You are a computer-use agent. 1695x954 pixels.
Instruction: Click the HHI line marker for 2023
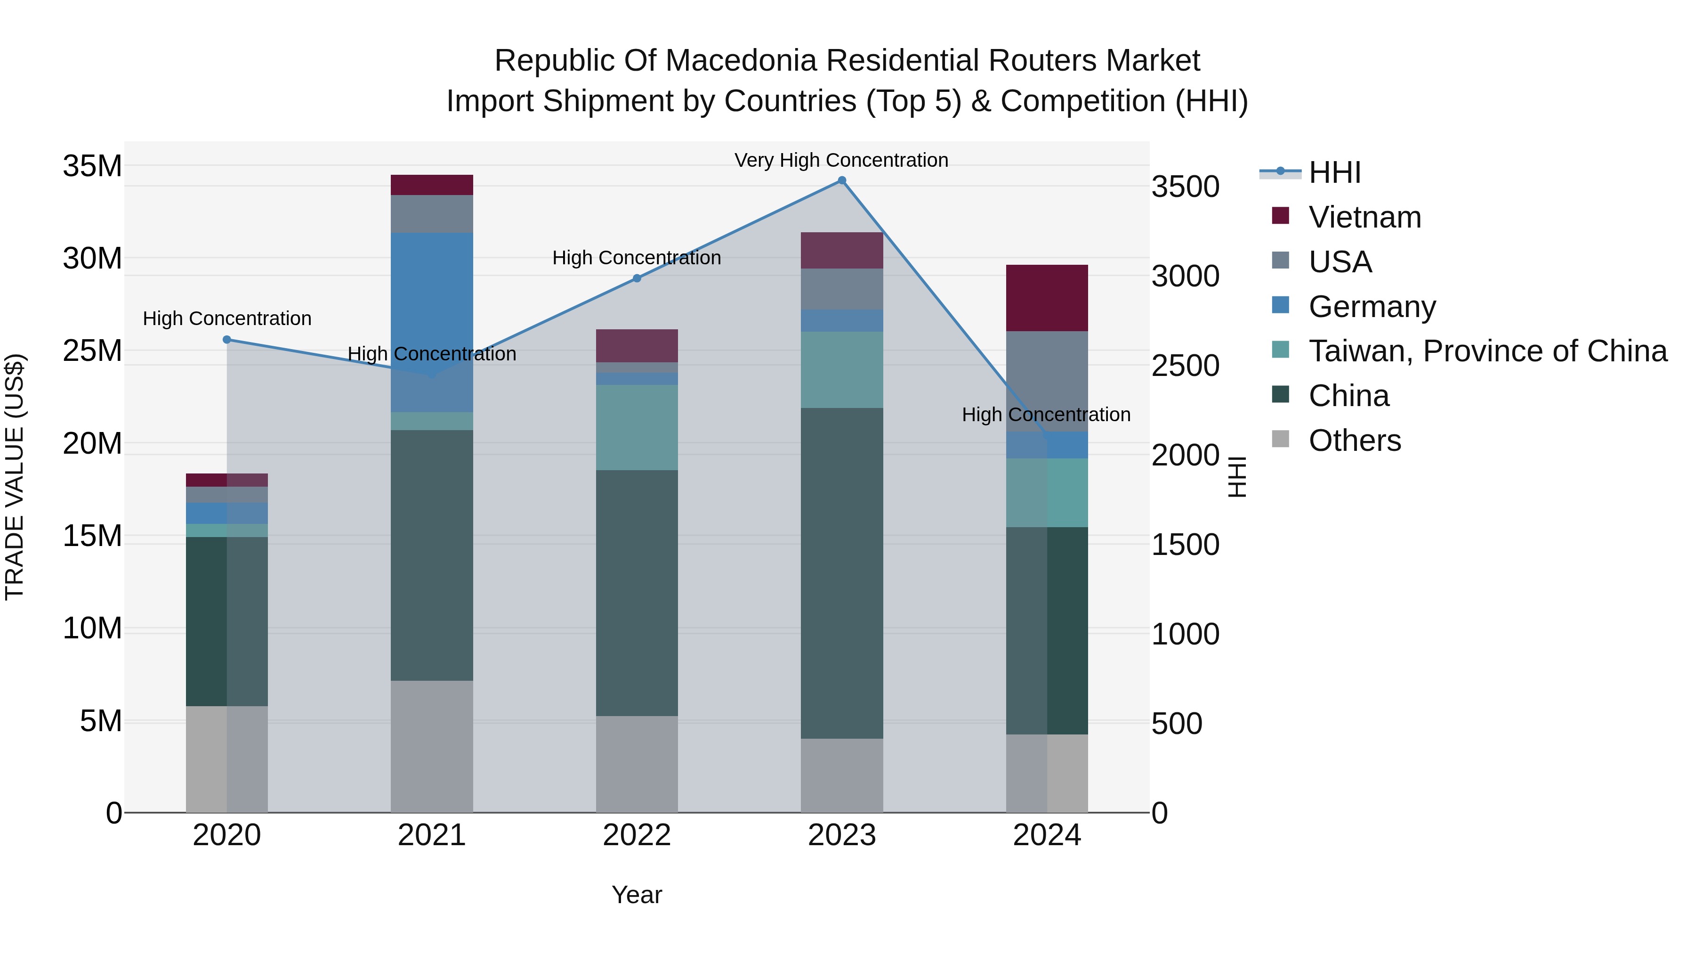[x=841, y=180]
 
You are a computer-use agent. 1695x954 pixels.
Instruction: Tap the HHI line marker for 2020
[x=227, y=340]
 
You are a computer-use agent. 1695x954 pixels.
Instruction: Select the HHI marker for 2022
[x=637, y=278]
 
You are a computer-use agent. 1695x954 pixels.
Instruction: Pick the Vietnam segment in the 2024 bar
[x=1047, y=298]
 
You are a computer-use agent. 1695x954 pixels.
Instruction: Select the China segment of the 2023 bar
[x=841, y=573]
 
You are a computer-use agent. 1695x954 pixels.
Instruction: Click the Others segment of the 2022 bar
[x=637, y=764]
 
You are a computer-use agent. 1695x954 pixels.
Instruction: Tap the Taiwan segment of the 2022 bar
[x=637, y=427]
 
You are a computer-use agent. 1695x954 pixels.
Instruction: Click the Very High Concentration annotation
[x=841, y=161]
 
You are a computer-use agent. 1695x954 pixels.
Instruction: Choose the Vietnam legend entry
[x=1364, y=217]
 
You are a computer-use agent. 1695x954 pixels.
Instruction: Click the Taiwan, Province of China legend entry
[x=1487, y=351]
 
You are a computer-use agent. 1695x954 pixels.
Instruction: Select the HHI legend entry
[x=1334, y=172]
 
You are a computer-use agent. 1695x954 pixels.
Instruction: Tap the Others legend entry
[x=1354, y=440]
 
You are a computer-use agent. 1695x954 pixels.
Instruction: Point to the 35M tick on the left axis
[x=92, y=166]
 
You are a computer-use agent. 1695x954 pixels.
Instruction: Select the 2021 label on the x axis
[x=432, y=835]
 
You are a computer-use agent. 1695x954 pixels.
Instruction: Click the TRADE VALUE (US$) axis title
[x=15, y=477]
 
